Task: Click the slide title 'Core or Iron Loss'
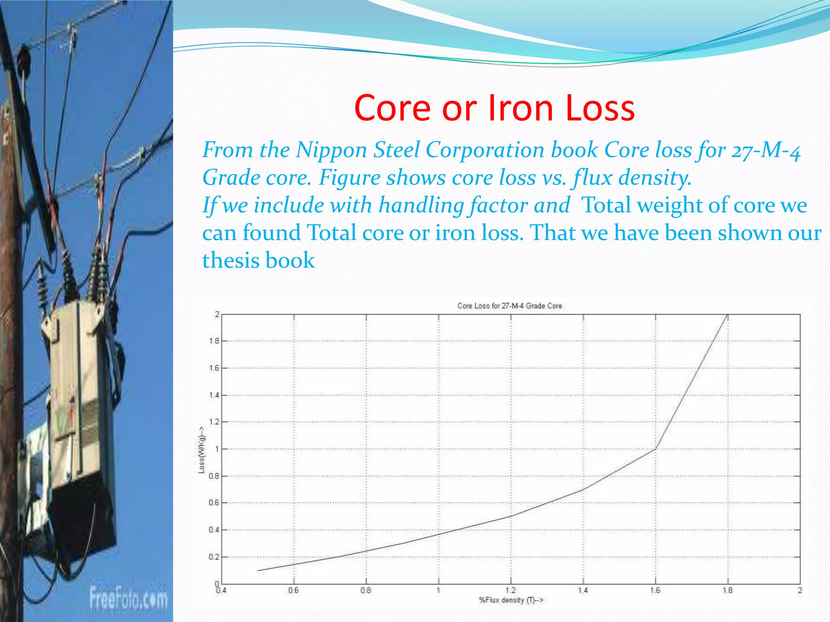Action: pyautogui.click(x=494, y=108)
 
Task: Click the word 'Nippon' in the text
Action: pyautogui.click(x=331, y=150)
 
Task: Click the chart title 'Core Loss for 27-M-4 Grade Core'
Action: pyautogui.click(x=509, y=306)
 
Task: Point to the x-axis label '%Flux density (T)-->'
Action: pyautogui.click(x=511, y=600)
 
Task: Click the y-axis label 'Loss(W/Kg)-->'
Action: pyautogui.click(x=201, y=449)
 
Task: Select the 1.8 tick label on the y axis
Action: pyautogui.click(x=214, y=341)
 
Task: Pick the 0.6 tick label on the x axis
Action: pyautogui.click(x=293, y=590)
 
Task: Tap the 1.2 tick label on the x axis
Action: pyautogui.click(x=511, y=590)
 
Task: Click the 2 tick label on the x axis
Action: pyautogui.click(x=800, y=590)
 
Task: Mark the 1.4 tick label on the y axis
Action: pyautogui.click(x=214, y=395)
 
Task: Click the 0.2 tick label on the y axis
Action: pyautogui.click(x=214, y=557)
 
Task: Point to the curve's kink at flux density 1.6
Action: pyautogui.click(x=656, y=449)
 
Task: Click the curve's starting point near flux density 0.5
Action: pyautogui.click(x=258, y=571)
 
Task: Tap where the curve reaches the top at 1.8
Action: pyautogui.click(x=728, y=315)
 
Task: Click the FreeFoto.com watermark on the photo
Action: pyautogui.click(x=128, y=598)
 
